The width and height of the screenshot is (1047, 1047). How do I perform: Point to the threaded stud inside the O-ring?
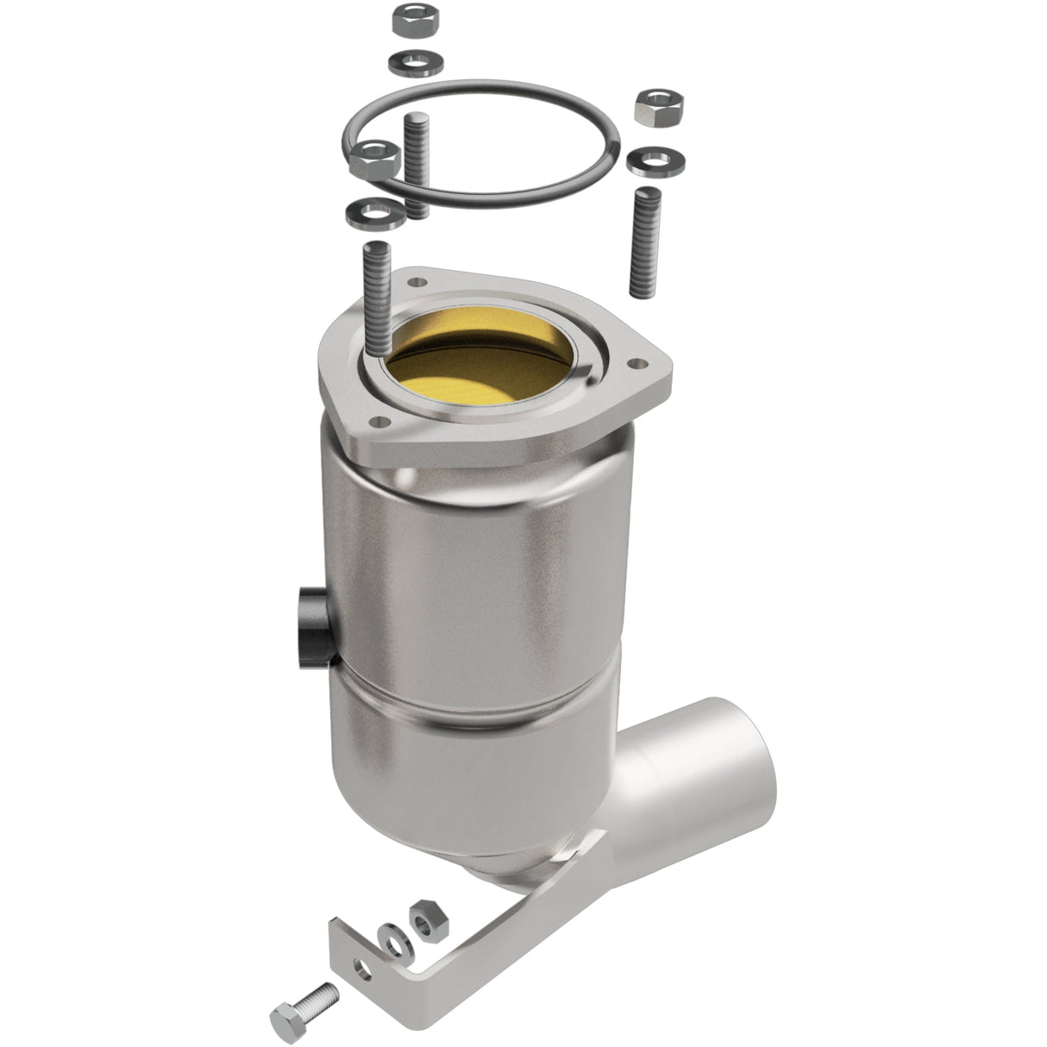417,164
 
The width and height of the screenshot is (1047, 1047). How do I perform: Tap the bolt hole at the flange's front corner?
377,423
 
